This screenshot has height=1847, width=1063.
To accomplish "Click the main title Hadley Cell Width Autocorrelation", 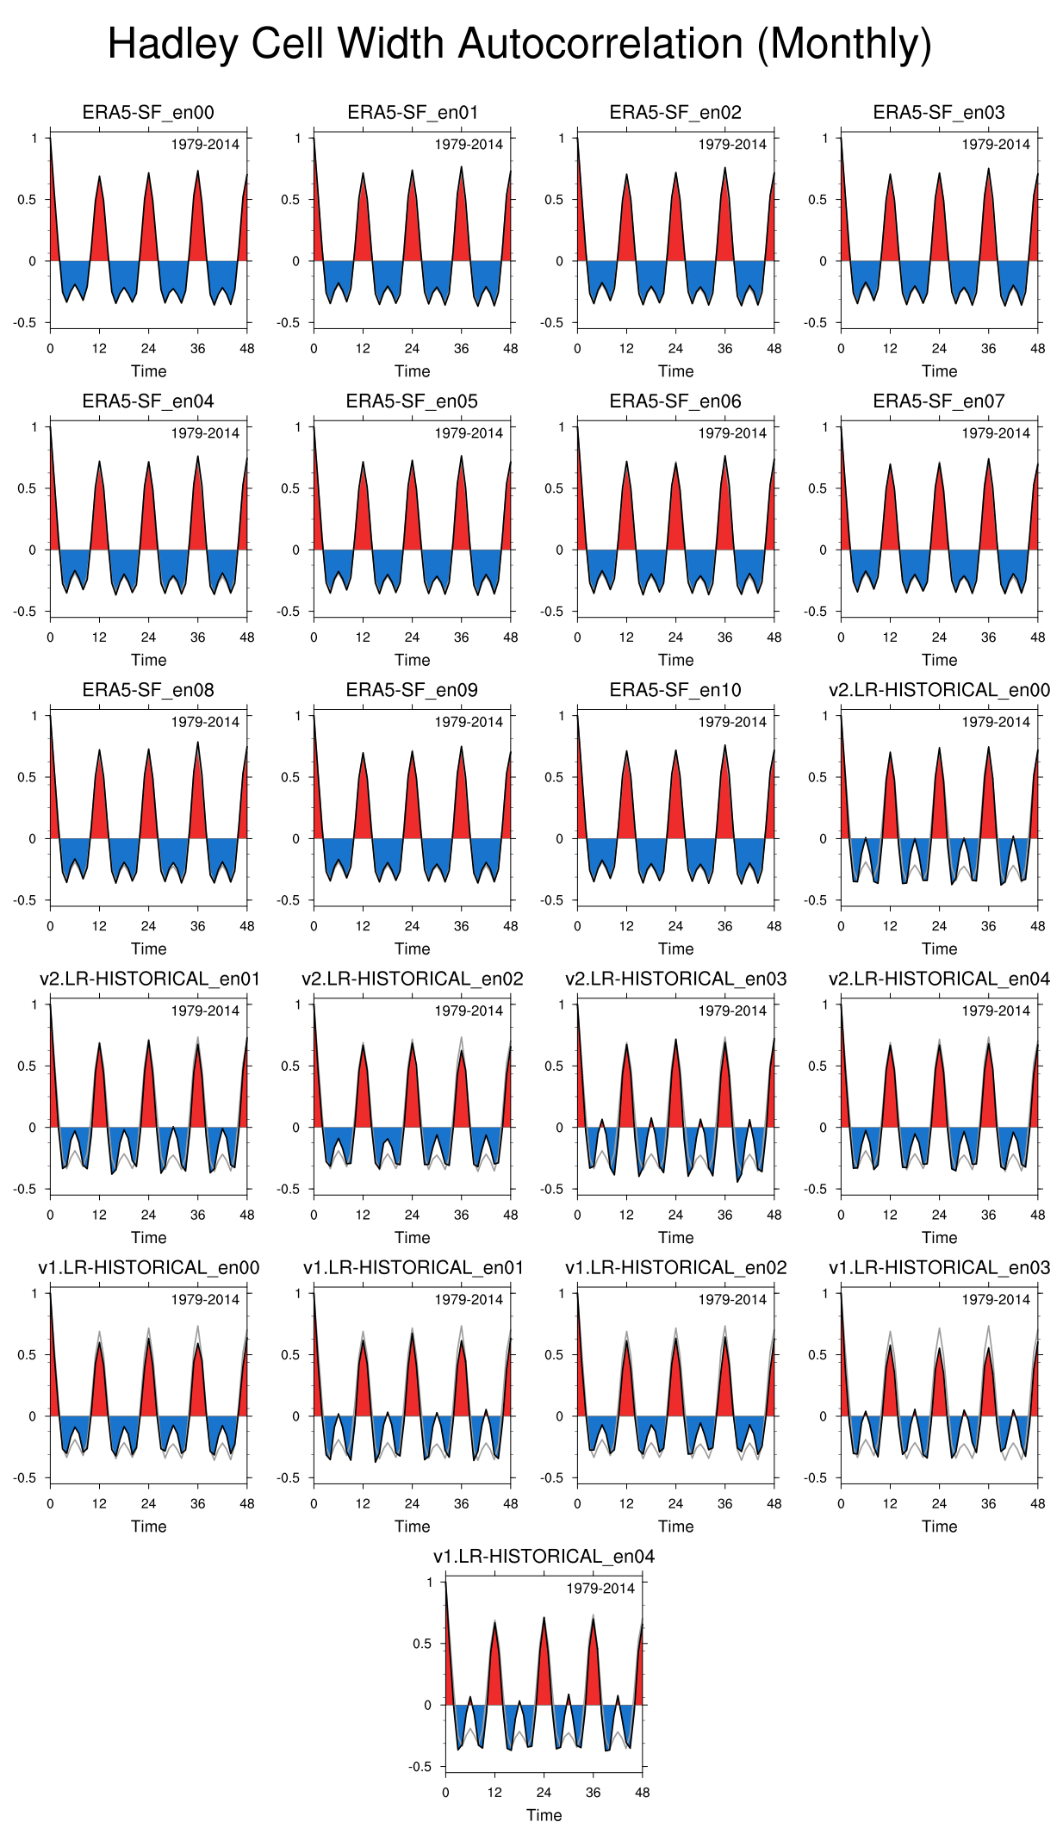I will click(x=519, y=44).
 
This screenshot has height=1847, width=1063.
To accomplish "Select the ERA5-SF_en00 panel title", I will click(x=148, y=113).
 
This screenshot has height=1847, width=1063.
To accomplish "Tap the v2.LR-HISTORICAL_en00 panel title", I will click(x=939, y=690).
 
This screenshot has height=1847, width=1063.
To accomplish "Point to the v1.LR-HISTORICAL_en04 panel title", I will click(x=544, y=1556).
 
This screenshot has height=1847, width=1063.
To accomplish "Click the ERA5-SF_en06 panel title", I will click(x=675, y=401).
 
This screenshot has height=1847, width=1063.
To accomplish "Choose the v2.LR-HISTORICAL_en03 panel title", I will click(x=675, y=979).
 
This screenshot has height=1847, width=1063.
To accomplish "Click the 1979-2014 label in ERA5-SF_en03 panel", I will click(x=996, y=145).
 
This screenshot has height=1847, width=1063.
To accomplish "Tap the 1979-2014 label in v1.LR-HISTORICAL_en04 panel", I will click(x=600, y=1588).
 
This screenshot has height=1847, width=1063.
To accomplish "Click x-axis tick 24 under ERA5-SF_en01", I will click(x=412, y=349).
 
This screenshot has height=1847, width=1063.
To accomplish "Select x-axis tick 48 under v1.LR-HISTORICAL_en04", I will click(x=642, y=1792).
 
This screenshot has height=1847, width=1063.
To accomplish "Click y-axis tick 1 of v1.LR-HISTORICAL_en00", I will click(x=34, y=1293).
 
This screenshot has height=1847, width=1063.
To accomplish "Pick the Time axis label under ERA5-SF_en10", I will click(x=675, y=948).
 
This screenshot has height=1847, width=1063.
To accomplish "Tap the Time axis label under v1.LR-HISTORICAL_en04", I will click(x=544, y=1814).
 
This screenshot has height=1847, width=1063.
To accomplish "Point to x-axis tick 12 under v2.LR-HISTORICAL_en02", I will click(x=363, y=1215).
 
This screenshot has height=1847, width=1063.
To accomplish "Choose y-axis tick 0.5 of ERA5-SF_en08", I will click(x=28, y=777).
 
